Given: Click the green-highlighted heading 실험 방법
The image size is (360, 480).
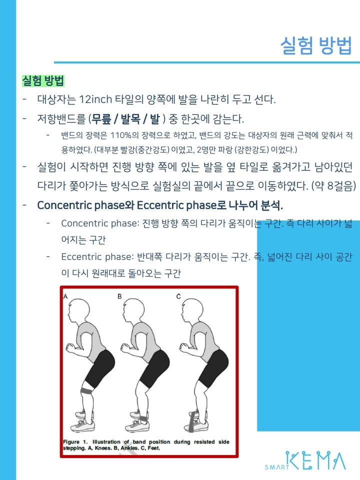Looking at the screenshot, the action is point(43,81).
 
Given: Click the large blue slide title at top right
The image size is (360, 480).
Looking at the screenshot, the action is point(316,46).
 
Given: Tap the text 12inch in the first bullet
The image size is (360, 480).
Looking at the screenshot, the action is point(95,99).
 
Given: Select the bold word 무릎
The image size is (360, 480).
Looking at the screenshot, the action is point(101,119).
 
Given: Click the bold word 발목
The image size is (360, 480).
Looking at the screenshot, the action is point(130,119).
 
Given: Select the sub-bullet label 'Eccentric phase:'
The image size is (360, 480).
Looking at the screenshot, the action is point(97,256).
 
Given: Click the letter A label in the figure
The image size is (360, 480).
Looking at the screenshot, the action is point(65,296).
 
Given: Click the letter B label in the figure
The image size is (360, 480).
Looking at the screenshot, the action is point(119,296).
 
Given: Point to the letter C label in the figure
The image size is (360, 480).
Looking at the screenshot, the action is point(178,296).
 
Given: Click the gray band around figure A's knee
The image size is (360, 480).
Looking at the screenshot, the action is point(87,390).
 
